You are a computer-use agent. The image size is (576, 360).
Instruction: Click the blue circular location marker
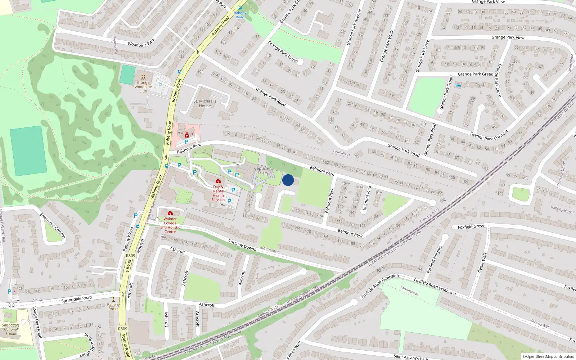[x=288, y=180]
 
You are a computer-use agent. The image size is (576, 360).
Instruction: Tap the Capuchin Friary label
[x=263, y=171]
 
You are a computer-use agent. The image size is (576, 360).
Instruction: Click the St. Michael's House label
[x=205, y=104]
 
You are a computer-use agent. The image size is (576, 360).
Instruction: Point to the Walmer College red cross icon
[x=170, y=213]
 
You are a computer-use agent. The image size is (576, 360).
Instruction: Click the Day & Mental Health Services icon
[x=218, y=181]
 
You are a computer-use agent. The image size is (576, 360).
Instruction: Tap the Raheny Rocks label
[x=113, y=307]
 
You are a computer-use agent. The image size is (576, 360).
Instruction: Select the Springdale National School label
[x=11, y=329]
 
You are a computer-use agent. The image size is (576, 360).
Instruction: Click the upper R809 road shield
[x=131, y=256]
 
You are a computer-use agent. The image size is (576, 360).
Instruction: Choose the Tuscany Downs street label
[x=242, y=245]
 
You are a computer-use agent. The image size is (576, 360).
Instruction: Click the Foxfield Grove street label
[x=471, y=227]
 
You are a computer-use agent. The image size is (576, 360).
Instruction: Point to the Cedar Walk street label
[x=482, y=262]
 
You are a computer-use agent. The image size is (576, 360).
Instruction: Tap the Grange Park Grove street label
[x=283, y=51]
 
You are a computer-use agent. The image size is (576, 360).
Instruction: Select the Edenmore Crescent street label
[x=53, y=226]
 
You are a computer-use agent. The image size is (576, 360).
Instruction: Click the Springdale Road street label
[x=76, y=299]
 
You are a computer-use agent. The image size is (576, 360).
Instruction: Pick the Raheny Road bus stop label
[x=240, y=15]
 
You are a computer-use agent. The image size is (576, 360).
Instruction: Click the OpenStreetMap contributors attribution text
[x=548, y=357]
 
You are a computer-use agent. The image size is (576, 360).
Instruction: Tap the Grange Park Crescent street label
[x=489, y=135]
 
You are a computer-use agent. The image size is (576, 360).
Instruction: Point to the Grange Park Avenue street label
[x=354, y=27]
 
